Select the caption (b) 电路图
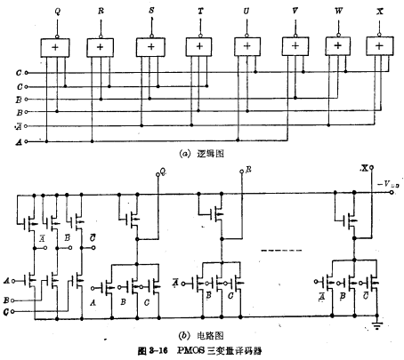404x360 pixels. coord(203,337)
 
